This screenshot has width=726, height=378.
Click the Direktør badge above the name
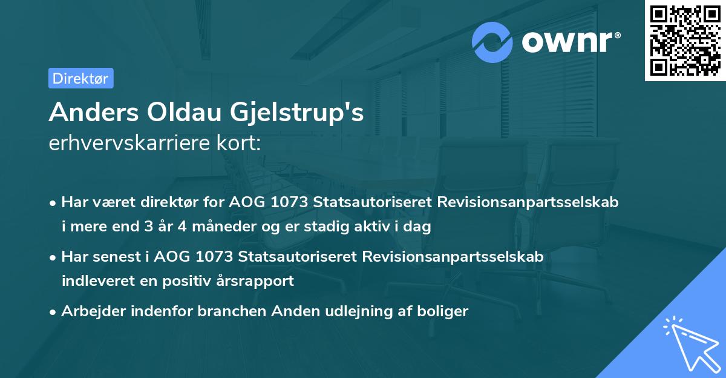click(x=80, y=78)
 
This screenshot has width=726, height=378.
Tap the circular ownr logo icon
click(x=492, y=42)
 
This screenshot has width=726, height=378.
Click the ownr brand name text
click(x=569, y=42)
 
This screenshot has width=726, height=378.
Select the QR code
click(x=685, y=40)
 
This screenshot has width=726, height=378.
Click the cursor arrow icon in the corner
click(x=690, y=343)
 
